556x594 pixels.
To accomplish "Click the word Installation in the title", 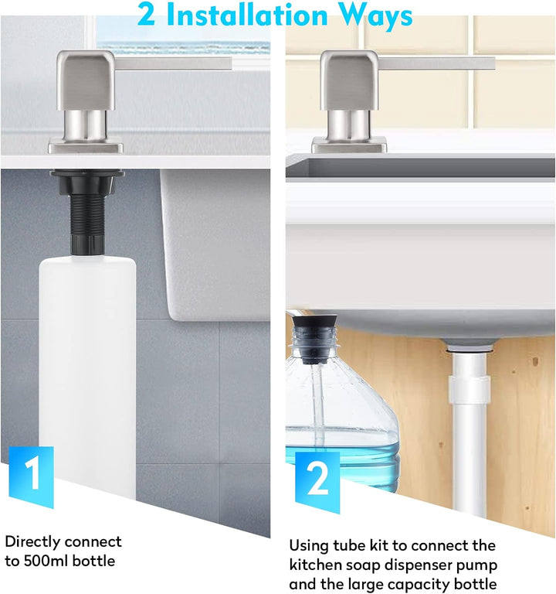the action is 247,15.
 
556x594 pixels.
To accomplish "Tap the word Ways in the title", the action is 375,17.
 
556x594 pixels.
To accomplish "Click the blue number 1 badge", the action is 31,476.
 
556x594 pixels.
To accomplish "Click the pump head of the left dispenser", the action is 86,80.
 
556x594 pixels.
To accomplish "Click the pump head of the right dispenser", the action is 349,80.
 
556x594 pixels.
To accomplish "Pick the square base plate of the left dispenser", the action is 86,145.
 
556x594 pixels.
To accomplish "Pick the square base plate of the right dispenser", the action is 349,145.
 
